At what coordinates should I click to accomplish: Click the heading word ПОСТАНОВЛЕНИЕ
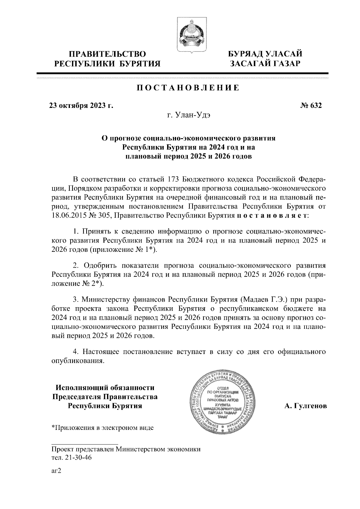coord(188,88)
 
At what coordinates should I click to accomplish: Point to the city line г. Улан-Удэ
coord(189,115)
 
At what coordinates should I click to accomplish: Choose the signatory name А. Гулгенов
coord(305,406)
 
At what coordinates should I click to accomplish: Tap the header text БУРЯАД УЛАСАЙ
coord(265,54)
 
